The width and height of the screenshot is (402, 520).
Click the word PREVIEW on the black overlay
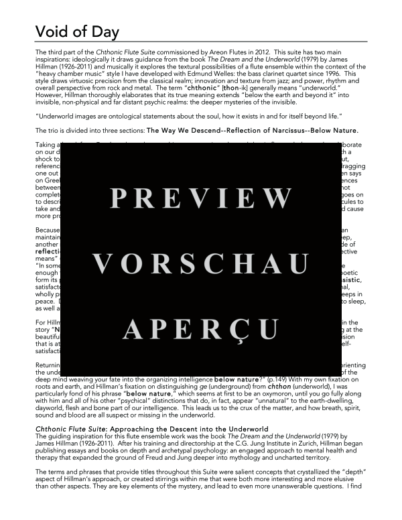pos(198,199)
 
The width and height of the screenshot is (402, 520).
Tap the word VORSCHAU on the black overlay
pos(198,264)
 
